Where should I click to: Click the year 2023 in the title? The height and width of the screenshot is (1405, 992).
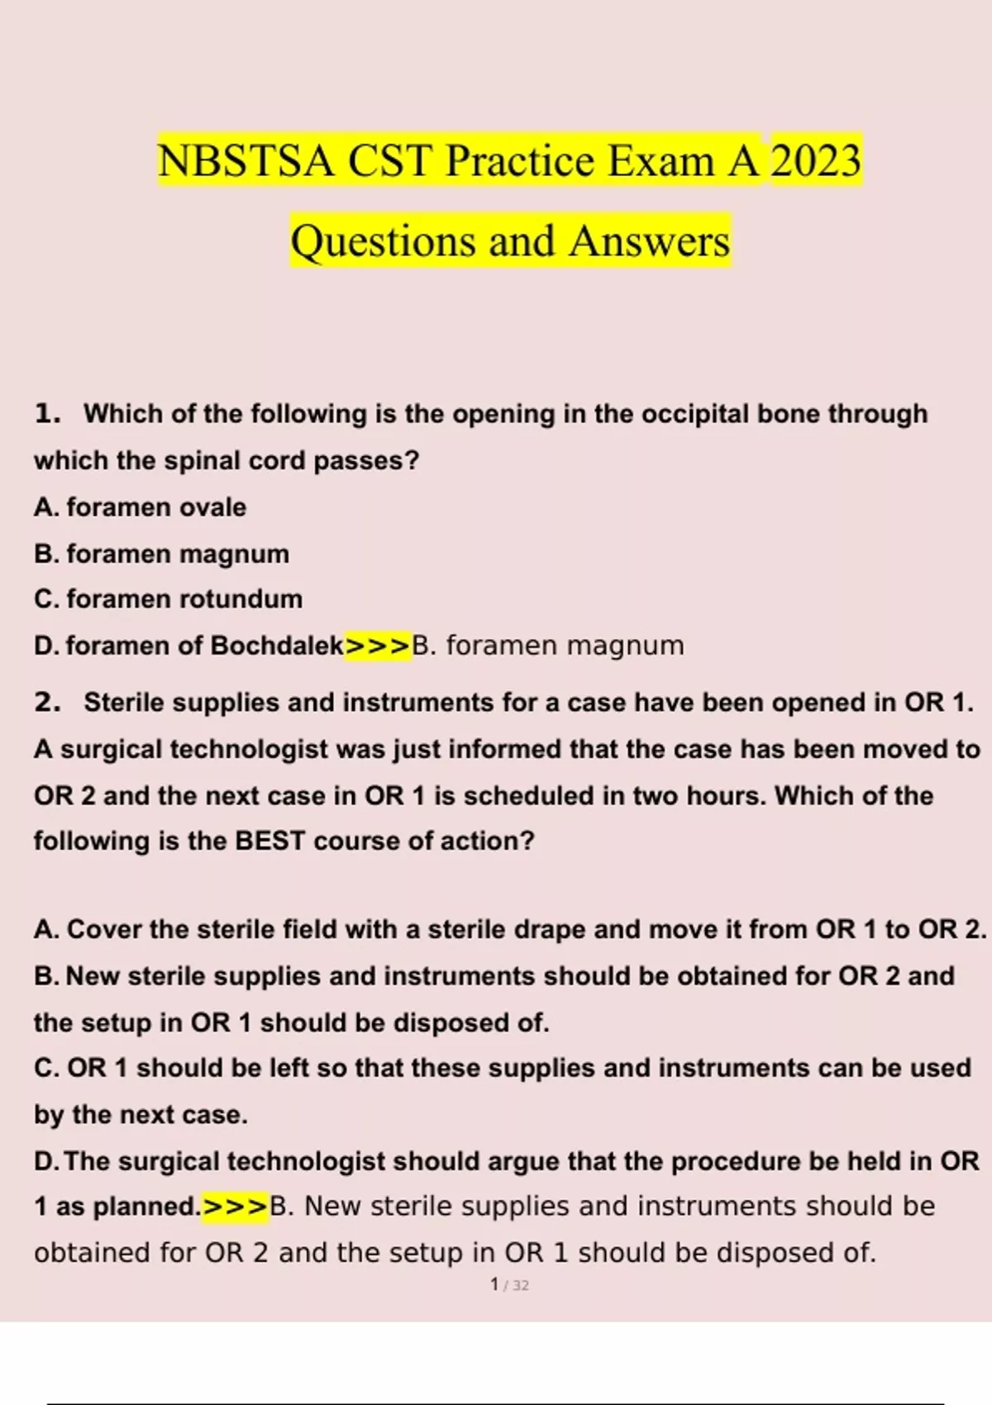(x=815, y=160)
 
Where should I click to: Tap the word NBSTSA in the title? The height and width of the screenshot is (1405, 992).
(x=246, y=160)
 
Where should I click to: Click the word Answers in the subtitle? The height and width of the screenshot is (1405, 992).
(x=649, y=241)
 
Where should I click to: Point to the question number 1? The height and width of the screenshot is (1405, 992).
(x=47, y=413)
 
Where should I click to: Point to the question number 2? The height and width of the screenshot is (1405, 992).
(x=47, y=702)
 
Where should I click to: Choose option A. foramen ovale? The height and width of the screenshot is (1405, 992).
(x=141, y=507)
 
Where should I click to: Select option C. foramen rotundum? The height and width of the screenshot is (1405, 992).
(x=169, y=598)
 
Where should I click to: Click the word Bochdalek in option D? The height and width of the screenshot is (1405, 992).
(x=277, y=645)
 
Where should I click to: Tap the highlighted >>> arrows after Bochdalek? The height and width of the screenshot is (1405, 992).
(x=378, y=645)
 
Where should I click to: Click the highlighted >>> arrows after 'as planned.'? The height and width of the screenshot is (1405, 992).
(x=236, y=1207)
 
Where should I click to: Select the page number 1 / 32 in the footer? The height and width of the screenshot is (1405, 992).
(x=509, y=1285)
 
